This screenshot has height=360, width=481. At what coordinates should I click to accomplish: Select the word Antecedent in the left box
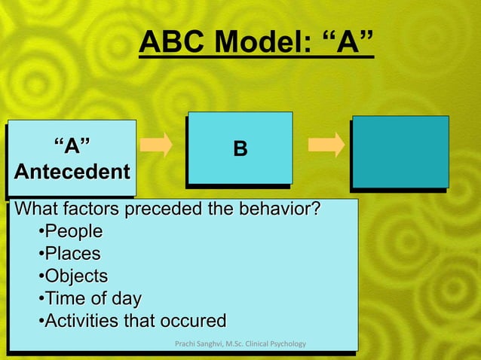pyautogui.click(x=72, y=172)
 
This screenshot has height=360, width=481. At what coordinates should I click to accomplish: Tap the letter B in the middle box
pyautogui.click(x=240, y=149)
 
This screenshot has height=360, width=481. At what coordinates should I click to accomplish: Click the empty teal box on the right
pyautogui.click(x=400, y=151)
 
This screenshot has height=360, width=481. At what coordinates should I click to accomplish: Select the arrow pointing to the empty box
pyautogui.click(x=326, y=145)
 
